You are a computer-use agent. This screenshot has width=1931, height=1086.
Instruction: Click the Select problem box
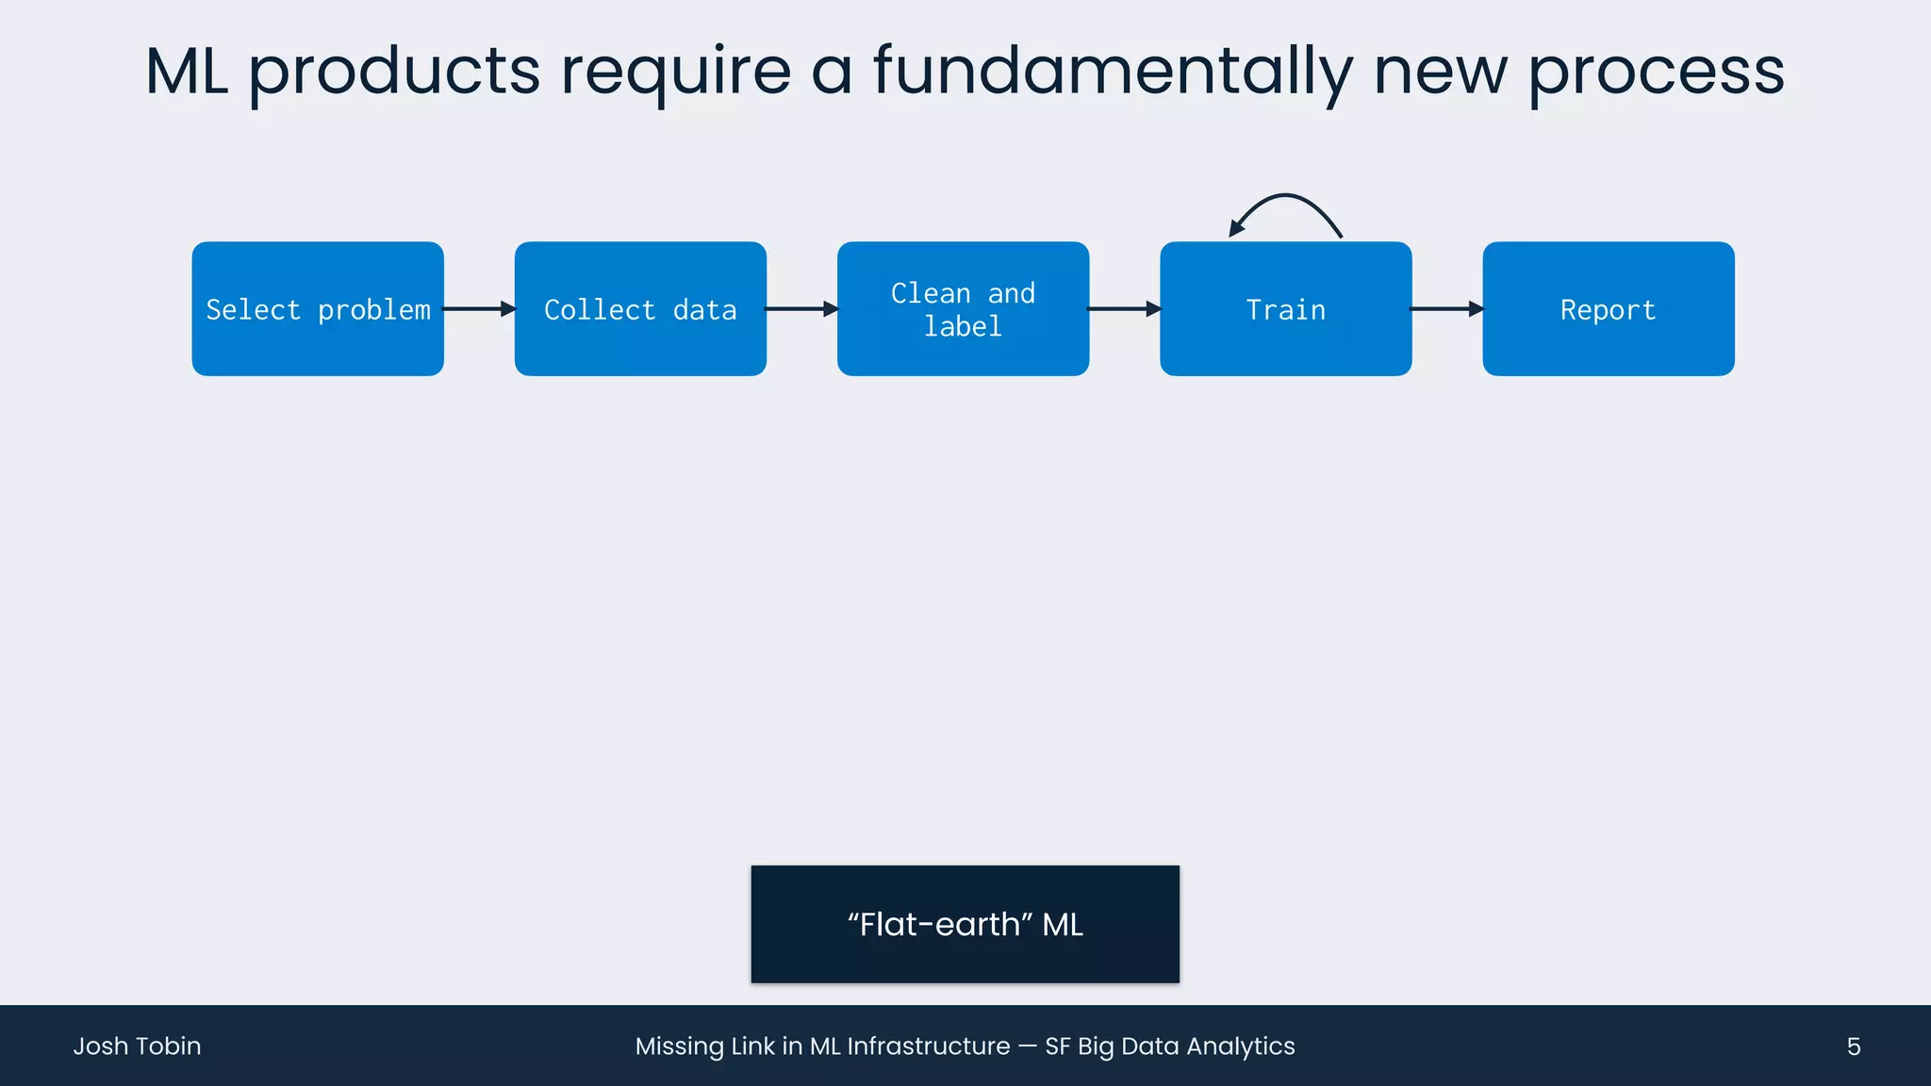(318, 309)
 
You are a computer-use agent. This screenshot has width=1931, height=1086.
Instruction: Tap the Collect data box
(640, 309)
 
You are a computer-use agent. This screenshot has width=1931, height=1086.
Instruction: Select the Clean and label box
(963, 309)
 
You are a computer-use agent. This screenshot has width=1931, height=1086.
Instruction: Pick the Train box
(1285, 309)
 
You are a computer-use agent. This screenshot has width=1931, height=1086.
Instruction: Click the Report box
(1608, 309)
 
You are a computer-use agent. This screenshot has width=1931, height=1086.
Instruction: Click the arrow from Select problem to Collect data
(479, 308)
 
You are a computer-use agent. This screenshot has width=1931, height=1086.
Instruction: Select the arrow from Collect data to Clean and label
(801, 308)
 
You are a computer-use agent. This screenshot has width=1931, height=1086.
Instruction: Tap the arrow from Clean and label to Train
(1124, 308)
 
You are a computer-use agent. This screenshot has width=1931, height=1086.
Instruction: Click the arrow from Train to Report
(1446, 308)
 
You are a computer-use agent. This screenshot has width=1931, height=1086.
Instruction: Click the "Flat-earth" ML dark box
(965, 924)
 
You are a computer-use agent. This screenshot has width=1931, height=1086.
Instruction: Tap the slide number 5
(1853, 1046)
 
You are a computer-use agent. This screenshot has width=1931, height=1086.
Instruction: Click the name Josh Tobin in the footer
(138, 1046)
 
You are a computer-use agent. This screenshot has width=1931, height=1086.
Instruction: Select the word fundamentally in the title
(1113, 72)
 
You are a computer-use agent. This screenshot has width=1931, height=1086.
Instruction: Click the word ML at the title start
(187, 72)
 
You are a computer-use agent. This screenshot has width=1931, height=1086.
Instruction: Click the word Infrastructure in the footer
(929, 1046)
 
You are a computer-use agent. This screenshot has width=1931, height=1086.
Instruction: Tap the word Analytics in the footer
(1241, 1046)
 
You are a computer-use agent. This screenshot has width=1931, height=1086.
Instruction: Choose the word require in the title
(676, 72)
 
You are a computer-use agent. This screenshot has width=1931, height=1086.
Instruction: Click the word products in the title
(394, 72)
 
